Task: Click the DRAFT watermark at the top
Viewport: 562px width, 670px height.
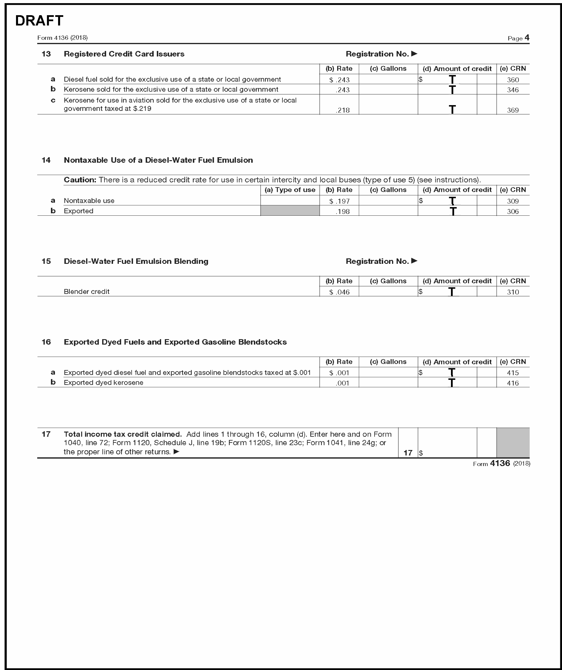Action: [39, 21]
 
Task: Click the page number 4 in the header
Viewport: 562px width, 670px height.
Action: [527, 38]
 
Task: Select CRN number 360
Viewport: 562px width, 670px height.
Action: [512, 80]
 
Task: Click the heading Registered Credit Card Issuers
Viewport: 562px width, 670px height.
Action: [124, 54]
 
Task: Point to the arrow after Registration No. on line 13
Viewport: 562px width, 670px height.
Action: [414, 54]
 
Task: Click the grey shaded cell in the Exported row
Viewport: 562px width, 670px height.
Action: [290, 211]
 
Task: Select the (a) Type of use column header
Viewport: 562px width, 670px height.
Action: [290, 190]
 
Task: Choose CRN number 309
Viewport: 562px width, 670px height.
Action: [512, 201]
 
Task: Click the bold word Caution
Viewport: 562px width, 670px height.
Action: [80, 180]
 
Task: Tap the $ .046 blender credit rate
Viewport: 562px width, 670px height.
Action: [339, 292]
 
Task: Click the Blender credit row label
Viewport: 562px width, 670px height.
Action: [86, 292]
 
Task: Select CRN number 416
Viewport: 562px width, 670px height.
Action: [512, 383]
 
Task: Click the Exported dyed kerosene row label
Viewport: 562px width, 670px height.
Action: [103, 382]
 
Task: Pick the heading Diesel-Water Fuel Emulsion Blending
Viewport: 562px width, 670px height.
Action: [136, 261]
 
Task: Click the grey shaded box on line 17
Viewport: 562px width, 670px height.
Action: [512, 443]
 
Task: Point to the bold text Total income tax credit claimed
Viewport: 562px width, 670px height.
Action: [123, 434]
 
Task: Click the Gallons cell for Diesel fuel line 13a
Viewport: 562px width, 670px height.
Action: [388, 79]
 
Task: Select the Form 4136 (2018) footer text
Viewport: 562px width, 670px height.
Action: [501, 463]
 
